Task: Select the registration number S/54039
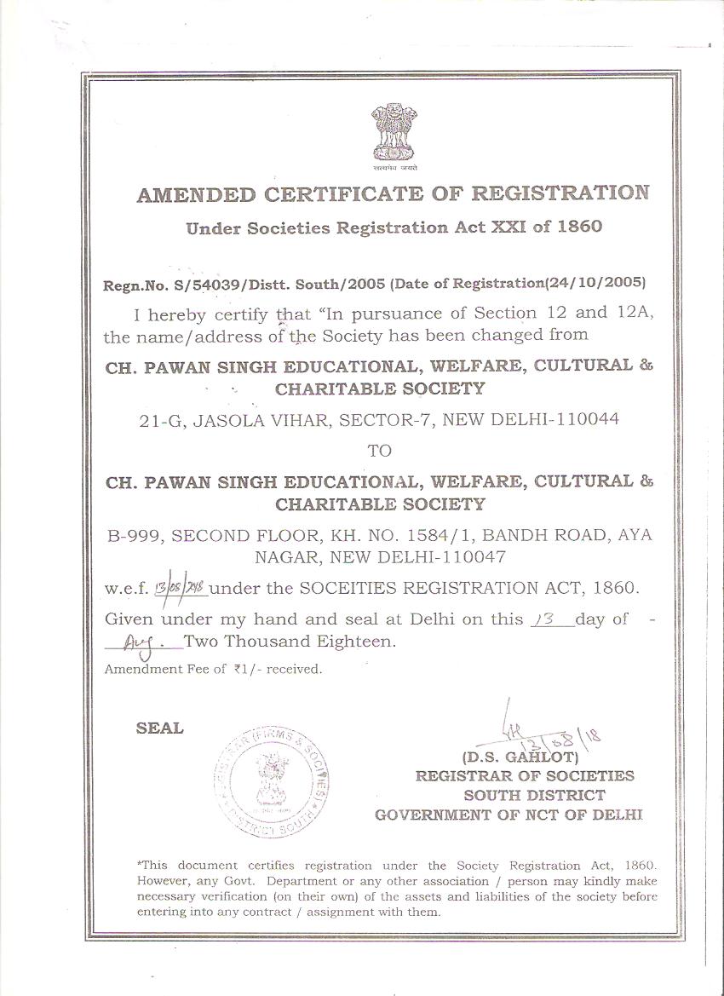click(x=197, y=284)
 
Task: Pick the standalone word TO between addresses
click(x=379, y=451)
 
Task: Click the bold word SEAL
click(x=159, y=728)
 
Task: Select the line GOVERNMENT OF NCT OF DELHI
click(x=509, y=815)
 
